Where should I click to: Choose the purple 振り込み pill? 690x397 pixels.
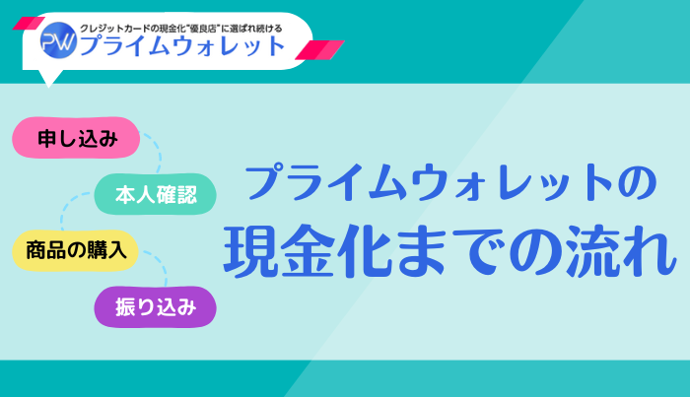(155, 307)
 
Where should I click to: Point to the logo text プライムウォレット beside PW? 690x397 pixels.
(182, 44)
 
